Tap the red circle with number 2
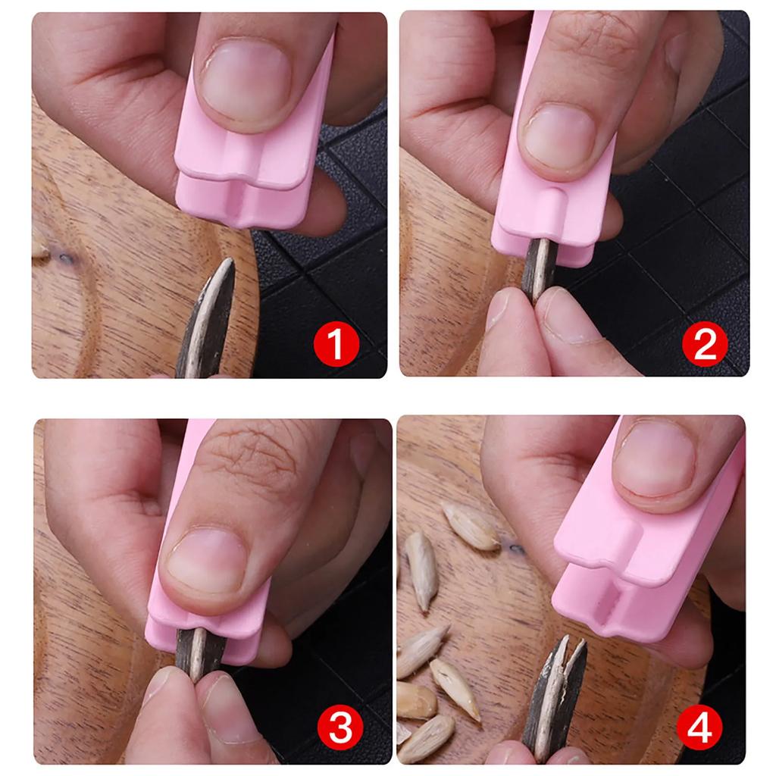tap(705, 345)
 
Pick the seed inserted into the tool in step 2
tap(539, 269)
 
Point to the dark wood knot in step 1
tap(64, 258)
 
